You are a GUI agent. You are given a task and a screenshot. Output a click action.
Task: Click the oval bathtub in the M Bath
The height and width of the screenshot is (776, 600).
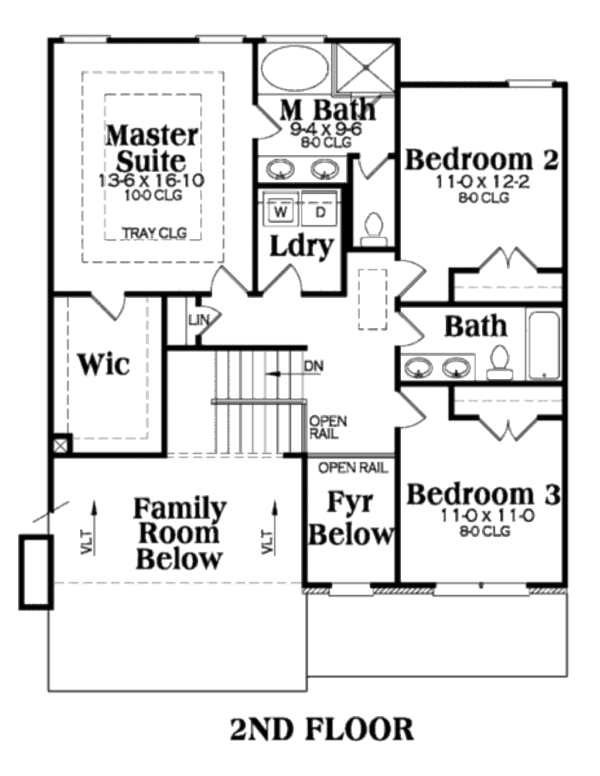click(x=295, y=69)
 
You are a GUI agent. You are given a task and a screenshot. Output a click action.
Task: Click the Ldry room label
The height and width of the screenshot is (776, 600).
click(x=301, y=246)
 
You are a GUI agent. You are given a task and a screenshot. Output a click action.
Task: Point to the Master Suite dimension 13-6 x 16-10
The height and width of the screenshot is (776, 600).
click(x=152, y=181)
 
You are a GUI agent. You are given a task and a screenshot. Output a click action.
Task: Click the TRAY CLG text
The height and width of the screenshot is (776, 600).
click(x=154, y=233)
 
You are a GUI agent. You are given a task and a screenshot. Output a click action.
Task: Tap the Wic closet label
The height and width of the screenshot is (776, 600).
click(x=104, y=364)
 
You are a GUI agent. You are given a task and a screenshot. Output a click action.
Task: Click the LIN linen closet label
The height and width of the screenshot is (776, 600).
click(x=196, y=320)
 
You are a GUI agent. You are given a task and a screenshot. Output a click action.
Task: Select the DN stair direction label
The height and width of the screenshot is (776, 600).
click(x=314, y=366)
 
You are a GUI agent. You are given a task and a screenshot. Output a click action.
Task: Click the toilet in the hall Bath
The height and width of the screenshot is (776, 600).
click(x=500, y=362)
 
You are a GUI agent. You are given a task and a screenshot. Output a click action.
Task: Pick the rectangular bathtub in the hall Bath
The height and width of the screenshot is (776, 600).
click(x=544, y=346)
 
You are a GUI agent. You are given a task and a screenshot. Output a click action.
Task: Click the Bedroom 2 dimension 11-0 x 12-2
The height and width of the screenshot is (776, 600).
click(x=482, y=182)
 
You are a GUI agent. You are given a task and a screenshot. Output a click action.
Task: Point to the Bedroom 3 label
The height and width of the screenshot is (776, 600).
click(x=483, y=494)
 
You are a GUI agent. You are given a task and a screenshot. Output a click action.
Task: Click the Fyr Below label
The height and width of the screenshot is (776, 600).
click(x=350, y=518)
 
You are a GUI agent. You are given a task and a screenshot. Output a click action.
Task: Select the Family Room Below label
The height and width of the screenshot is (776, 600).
click(x=179, y=533)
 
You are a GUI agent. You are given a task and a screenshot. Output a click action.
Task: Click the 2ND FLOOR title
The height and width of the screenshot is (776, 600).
click(x=322, y=730)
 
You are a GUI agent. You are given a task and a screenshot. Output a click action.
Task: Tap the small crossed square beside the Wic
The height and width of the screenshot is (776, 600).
click(x=60, y=445)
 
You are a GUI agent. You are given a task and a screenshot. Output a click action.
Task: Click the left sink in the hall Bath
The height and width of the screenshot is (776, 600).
click(x=418, y=368)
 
